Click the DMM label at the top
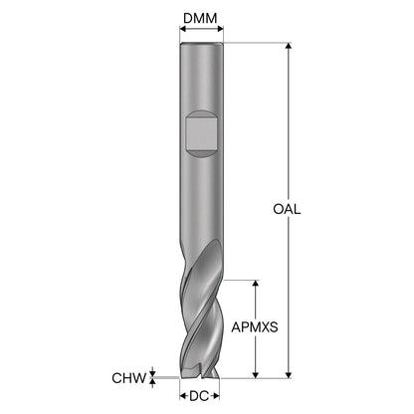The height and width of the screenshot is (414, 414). point(200,18)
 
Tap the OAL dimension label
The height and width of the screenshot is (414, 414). point(287,209)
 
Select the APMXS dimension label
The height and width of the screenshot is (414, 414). point(255,327)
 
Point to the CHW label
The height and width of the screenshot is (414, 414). point(129,378)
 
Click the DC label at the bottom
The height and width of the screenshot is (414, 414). point(199,396)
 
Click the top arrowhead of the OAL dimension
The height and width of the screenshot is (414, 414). point(289,46)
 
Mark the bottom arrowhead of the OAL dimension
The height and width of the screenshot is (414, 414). point(289,375)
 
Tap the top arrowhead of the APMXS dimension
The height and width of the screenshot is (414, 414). point(256,283)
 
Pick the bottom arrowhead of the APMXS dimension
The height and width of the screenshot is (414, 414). point(256,375)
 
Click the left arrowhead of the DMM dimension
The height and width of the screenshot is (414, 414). point(183,29)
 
